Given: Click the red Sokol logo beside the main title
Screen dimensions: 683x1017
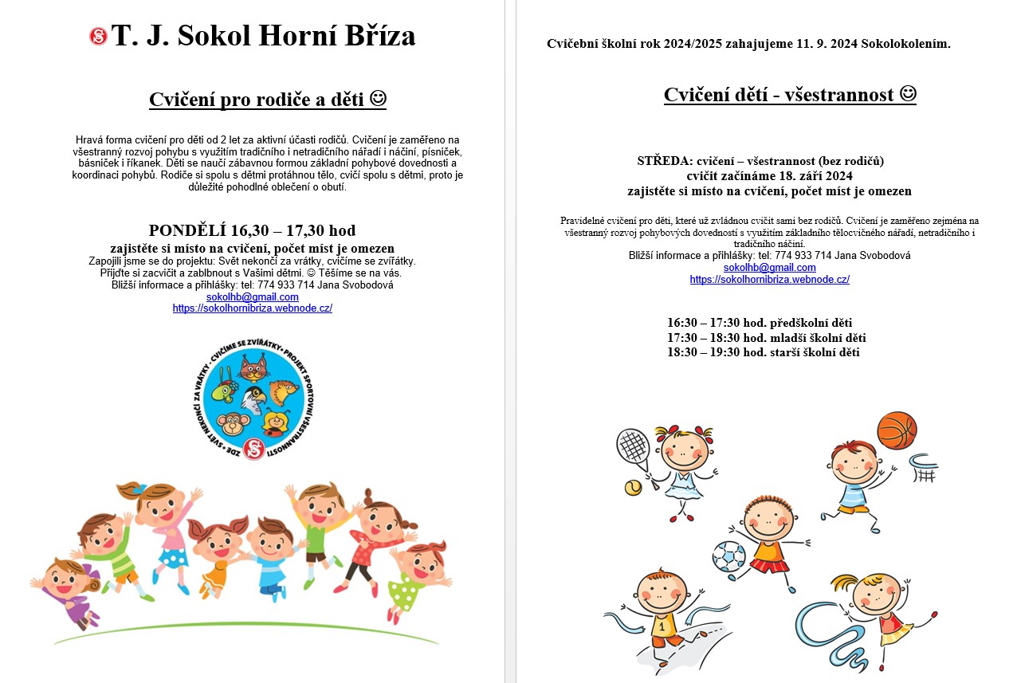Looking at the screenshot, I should pos(98,36).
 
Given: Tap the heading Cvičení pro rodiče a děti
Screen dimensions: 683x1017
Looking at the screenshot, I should pos(267,100).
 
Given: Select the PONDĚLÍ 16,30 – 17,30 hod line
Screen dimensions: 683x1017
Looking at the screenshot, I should pos(252,231).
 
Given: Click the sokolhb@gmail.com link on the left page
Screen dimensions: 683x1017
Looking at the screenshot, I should pos(252,296).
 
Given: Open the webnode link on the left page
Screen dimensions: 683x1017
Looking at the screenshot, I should pos(252,308).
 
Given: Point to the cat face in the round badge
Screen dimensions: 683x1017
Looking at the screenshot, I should pos(253,369).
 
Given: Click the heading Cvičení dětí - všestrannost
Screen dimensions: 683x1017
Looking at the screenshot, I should pos(789,95).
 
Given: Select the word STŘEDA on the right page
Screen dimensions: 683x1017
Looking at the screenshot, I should pos(659,161).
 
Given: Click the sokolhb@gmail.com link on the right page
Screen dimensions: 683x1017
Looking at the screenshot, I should pos(769,268).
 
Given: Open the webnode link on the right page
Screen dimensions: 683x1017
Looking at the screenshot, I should pos(769,279).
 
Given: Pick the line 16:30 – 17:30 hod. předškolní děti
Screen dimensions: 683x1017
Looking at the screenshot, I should pos(760,323).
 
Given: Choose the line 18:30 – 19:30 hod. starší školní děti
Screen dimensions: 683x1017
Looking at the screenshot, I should pos(763,352).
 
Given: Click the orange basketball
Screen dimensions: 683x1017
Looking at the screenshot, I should pos(897,432).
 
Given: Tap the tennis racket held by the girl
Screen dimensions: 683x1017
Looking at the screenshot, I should pos(634,447).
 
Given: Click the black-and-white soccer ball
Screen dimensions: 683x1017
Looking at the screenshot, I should pos(728,557).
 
